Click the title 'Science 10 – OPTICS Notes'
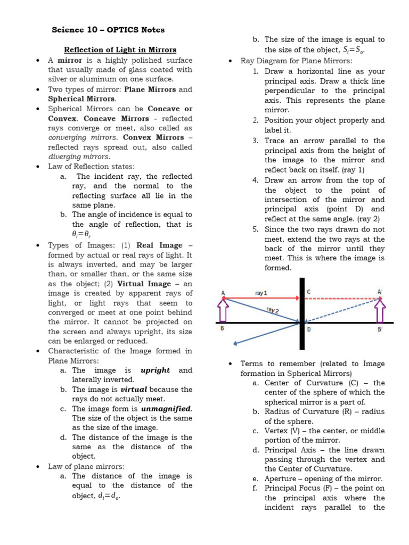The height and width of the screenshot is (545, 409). tap(108, 30)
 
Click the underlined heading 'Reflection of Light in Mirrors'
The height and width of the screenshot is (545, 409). tap(120, 50)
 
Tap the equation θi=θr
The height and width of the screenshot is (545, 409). tap(83, 234)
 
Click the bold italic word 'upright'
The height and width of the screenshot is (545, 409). tap(156, 370)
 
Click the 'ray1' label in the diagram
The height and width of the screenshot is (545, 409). tap(261, 292)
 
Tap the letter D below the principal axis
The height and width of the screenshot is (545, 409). tap(309, 329)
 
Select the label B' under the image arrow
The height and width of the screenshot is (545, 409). tap(380, 330)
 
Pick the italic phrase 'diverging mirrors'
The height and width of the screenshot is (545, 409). tap(79, 156)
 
